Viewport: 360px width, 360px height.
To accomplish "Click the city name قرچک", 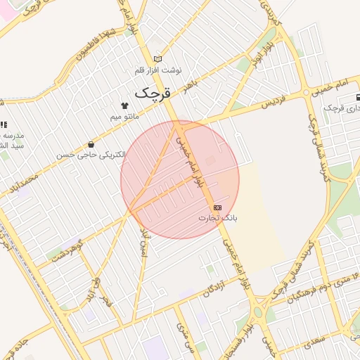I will pyautogui.click(x=153, y=92).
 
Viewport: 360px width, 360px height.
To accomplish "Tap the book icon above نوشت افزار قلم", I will pyautogui.click(x=158, y=59).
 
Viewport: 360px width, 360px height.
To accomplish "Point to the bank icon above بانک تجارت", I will pyautogui.click(x=217, y=207).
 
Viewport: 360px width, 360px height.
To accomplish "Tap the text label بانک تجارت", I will pyautogui.click(x=217, y=218).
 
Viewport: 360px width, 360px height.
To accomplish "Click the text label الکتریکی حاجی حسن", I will pyautogui.click(x=92, y=154).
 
